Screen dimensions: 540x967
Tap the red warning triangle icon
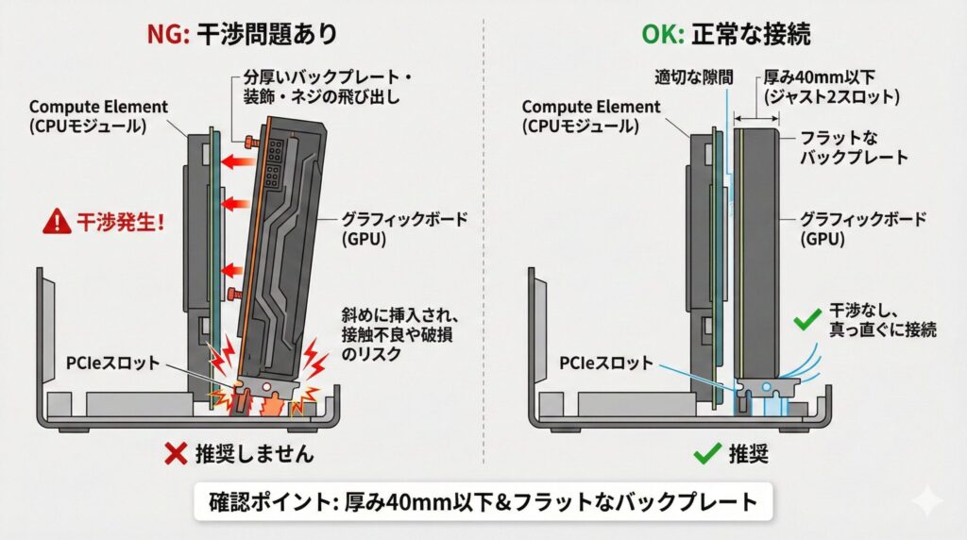point(59,223)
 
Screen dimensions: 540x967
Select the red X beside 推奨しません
point(174,454)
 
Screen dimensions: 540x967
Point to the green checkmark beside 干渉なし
point(805,321)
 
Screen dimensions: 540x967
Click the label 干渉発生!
point(120,223)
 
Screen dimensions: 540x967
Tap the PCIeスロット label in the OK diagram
point(604,361)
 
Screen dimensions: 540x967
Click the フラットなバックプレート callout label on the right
point(855,146)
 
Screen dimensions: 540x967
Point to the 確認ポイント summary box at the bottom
point(483,501)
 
